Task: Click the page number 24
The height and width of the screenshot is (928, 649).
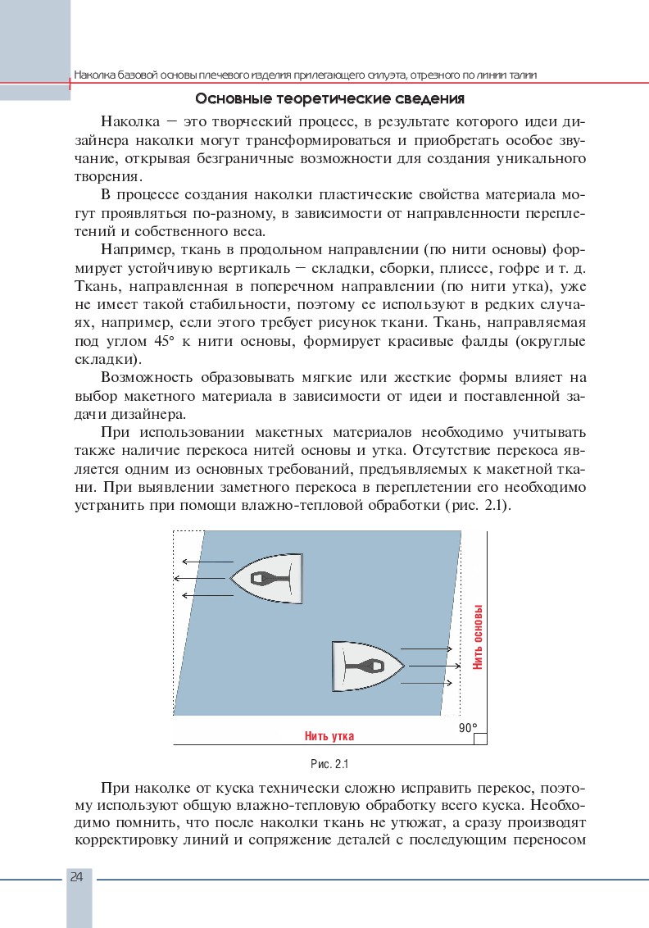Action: point(77,876)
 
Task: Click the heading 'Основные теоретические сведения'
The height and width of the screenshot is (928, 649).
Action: point(331,100)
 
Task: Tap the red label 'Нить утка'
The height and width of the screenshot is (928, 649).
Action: point(329,735)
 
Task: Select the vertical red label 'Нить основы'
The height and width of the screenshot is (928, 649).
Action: point(478,638)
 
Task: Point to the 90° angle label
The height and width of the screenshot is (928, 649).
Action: point(468,727)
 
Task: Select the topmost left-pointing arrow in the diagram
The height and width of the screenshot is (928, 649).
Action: point(207,562)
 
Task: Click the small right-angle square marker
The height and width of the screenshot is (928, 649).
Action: point(480,739)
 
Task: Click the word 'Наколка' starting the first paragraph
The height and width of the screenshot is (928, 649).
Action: point(130,122)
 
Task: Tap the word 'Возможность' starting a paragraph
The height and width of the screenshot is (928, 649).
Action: point(147,377)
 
